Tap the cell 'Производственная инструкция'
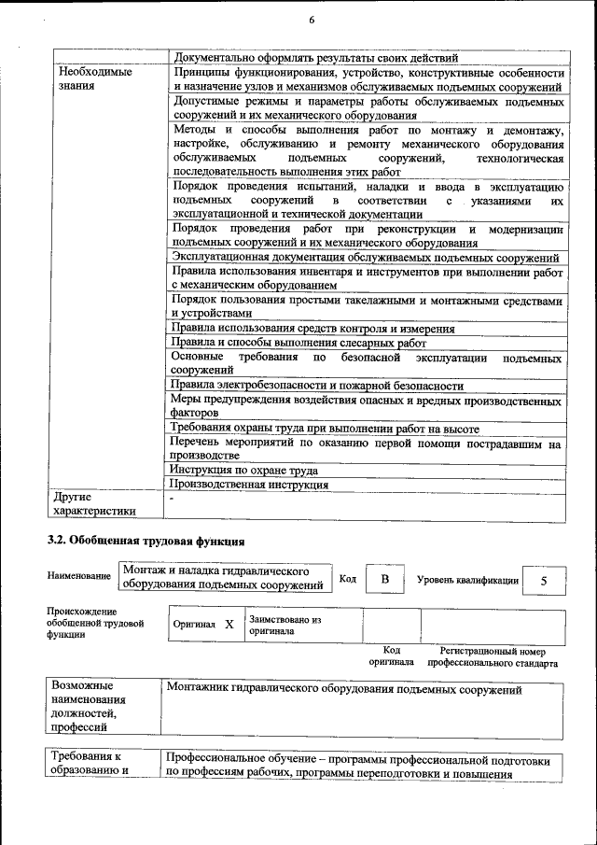pos(249,485)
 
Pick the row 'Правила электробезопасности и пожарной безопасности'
pos(317,385)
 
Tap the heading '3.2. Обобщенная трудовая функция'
pos(146,541)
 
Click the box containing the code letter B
pos(383,580)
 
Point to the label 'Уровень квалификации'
pos(467,580)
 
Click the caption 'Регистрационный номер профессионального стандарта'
pos(493,656)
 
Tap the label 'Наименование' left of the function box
pos(79,577)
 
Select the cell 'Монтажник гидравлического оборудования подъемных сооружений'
pos(343,690)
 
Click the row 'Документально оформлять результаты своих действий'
pos(316,57)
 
